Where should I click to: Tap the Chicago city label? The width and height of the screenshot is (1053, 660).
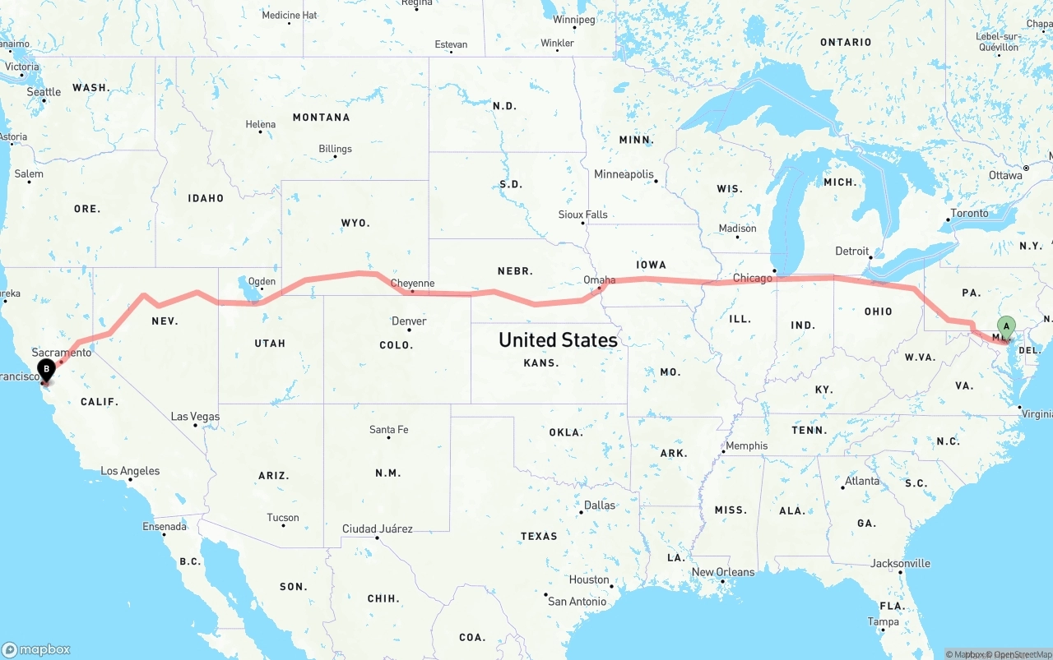(752, 278)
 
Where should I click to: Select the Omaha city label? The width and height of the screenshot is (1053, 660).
(599, 279)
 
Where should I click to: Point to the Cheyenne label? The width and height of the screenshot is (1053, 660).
(412, 284)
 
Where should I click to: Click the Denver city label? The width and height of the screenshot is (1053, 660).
(409, 321)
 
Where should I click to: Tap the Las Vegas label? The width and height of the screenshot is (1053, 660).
(195, 417)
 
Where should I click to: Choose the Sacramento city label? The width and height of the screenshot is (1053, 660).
(62, 352)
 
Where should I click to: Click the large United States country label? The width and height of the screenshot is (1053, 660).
(558, 339)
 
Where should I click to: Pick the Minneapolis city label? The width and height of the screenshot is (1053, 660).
(624, 174)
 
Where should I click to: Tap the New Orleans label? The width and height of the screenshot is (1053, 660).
(722, 572)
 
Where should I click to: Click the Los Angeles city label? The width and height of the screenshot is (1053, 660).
(130, 471)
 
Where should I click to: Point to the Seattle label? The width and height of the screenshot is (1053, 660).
(44, 92)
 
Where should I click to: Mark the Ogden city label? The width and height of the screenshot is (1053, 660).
(262, 281)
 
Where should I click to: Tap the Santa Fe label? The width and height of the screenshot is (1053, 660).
(388, 430)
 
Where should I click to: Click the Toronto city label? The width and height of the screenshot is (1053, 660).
(969, 213)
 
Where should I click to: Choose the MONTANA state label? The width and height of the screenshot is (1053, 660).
(321, 118)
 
